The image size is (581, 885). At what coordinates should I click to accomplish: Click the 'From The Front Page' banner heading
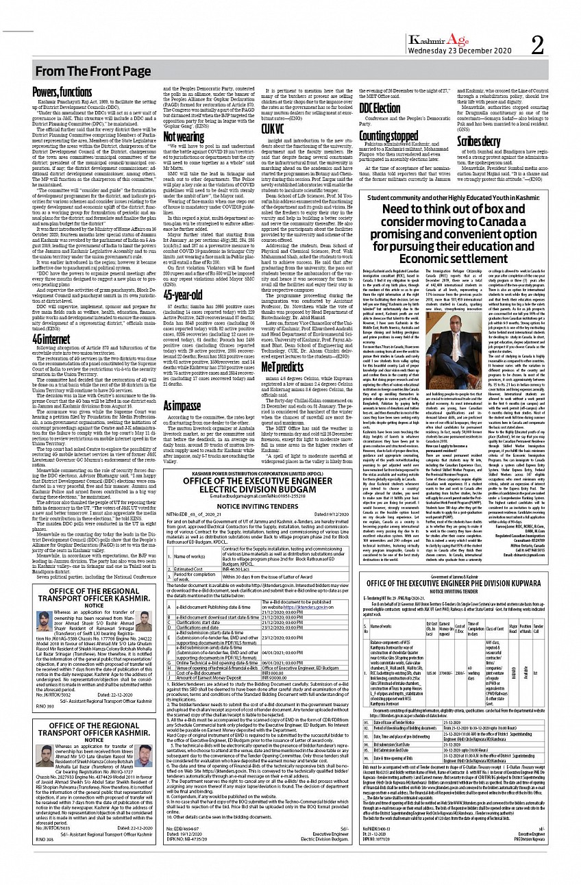(x=90, y=71)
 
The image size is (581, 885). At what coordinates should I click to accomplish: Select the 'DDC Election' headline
(x=380, y=108)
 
